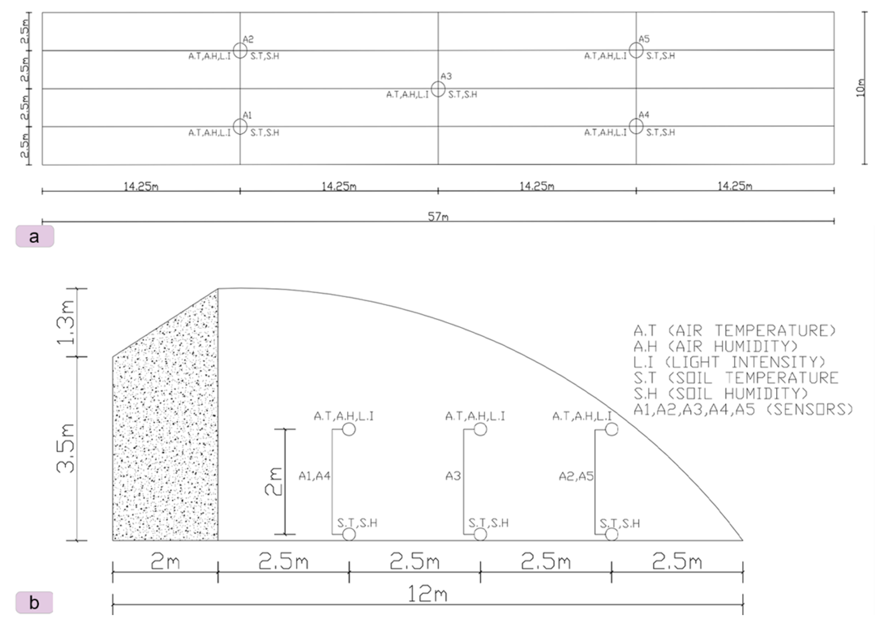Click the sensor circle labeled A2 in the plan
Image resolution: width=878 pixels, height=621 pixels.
click(240, 50)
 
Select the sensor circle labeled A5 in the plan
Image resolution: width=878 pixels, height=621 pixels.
click(636, 50)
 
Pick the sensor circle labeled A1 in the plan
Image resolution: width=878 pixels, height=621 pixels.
click(240, 127)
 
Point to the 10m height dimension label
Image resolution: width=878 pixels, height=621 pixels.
click(860, 88)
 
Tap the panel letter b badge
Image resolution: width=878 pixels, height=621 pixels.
click(34, 603)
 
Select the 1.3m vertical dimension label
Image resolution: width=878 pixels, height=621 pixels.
click(66, 322)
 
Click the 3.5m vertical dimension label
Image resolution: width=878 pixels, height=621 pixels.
click(66, 448)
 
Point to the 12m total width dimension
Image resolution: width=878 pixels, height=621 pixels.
click(428, 594)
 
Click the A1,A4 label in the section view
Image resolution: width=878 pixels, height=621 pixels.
click(314, 476)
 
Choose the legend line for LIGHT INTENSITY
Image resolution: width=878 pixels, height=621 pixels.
click(729, 362)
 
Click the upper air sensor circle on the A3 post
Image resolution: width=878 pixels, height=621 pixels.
click(480, 429)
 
